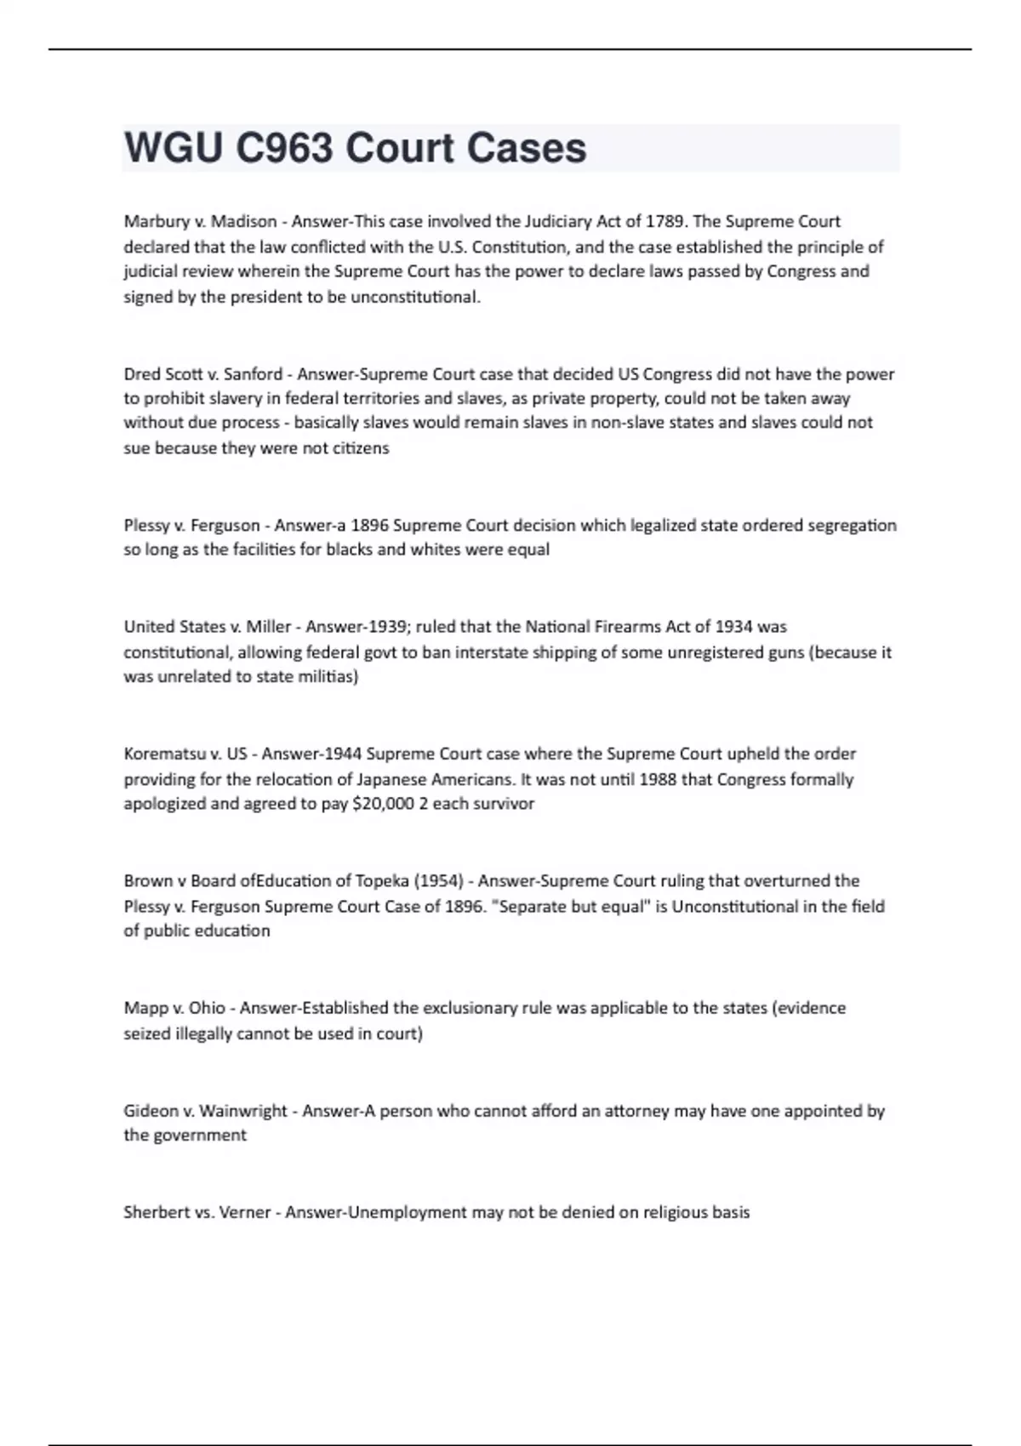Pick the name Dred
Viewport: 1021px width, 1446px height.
[x=140, y=374]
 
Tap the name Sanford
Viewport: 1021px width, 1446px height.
[x=253, y=374]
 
